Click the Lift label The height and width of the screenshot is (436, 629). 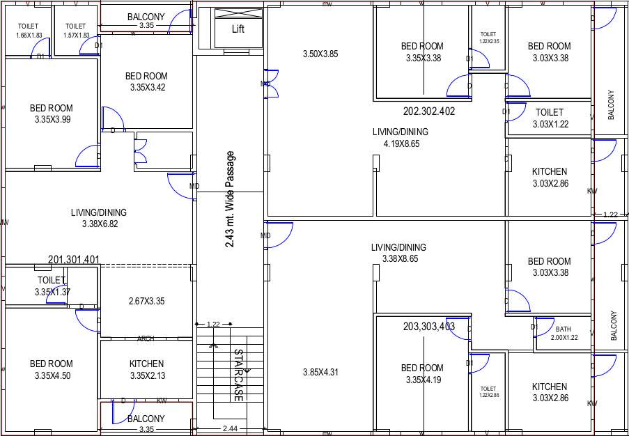(x=238, y=29)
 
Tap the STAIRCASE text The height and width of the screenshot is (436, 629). (x=238, y=375)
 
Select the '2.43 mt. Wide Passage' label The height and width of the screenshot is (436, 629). (x=231, y=199)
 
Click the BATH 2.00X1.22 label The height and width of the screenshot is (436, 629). (x=564, y=333)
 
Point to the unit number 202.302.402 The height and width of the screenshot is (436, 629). (x=429, y=111)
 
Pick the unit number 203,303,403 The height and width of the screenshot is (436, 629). (x=429, y=326)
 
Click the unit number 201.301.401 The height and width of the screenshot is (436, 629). (x=74, y=260)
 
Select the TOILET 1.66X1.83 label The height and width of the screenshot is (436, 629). (x=29, y=31)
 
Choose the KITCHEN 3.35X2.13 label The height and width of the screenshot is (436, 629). (x=146, y=370)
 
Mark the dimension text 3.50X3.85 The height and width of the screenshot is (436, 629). (x=320, y=54)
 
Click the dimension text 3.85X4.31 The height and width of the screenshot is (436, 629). (x=320, y=373)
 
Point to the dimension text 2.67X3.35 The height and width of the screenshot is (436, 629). (x=146, y=302)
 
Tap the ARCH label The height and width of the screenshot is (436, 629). (x=146, y=339)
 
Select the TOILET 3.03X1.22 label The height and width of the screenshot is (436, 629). (x=549, y=118)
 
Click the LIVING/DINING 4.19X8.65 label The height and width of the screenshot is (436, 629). (x=400, y=138)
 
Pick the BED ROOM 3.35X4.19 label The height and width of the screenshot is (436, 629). (x=422, y=374)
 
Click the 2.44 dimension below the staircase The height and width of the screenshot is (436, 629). (x=229, y=429)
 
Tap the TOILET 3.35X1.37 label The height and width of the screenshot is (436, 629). (x=52, y=286)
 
